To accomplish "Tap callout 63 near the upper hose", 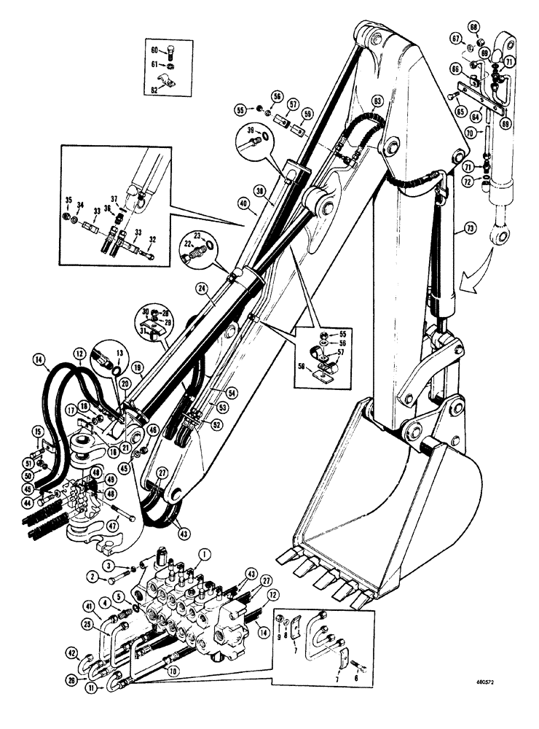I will (x=377, y=99).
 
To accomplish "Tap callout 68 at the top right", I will (x=494, y=28).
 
